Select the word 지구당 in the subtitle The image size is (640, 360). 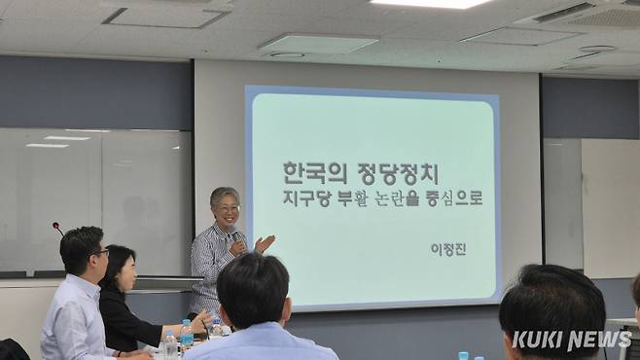coord(304,198)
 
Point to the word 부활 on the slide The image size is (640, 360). coord(353,198)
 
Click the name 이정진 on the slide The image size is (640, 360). coord(448,248)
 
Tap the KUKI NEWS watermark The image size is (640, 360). coord(571,340)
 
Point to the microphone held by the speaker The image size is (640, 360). coord(235,237)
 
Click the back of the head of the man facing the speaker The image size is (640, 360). coord(252,290)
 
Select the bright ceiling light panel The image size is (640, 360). coord(430,3)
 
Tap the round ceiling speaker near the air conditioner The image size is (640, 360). coord(596,49)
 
